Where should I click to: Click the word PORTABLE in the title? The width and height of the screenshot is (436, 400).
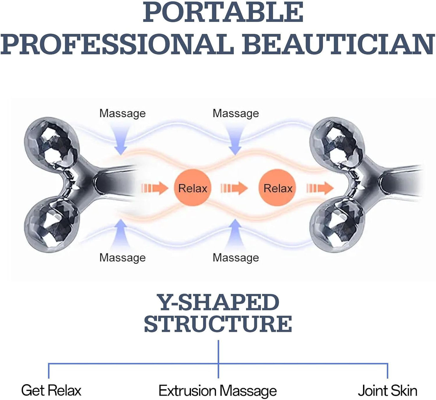[223, 13]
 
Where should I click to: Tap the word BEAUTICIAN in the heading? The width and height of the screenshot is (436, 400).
[338, 44]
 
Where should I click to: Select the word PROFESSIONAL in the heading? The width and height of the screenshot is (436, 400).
[117, 44]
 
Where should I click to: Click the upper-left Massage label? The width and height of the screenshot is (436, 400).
[123, 113]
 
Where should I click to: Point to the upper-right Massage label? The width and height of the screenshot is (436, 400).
[236, 113]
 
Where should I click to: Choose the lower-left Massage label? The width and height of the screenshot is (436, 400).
[123, 258]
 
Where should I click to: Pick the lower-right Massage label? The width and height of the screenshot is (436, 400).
[236, 258]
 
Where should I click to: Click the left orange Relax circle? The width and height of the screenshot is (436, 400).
[193, 188]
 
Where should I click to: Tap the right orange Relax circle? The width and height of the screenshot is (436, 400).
[278, 188]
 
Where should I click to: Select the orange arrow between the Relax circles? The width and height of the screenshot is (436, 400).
[234, 188]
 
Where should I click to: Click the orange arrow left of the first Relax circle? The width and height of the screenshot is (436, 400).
[155, 188]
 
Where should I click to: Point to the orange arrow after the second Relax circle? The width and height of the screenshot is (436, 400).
[320, 188]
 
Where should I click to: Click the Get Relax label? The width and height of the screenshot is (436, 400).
[51, 390]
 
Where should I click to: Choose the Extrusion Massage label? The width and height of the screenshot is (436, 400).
[218, 391]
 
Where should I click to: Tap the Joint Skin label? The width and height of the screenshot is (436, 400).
[387, 390]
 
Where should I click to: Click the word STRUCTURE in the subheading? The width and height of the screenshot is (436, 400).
[218, 324]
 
